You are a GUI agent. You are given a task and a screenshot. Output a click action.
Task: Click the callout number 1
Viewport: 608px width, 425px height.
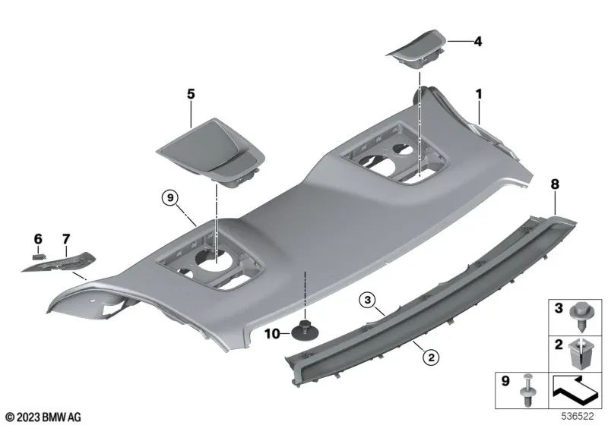(x=479, y=94)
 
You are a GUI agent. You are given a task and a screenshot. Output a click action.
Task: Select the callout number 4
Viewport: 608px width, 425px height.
(x=477, y=41)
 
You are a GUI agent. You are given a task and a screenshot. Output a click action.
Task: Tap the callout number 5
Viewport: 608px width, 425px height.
(x=191, y=94)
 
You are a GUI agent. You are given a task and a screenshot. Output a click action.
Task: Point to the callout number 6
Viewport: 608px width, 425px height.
(x=37, y=239)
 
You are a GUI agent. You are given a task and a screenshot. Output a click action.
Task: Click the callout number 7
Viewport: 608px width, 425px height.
(x=65, y=239)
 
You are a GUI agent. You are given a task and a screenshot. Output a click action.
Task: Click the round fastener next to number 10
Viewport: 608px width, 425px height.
(x=304, y=331)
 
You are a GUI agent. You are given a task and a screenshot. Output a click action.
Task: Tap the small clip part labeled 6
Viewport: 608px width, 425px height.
(x=38, y=257)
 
